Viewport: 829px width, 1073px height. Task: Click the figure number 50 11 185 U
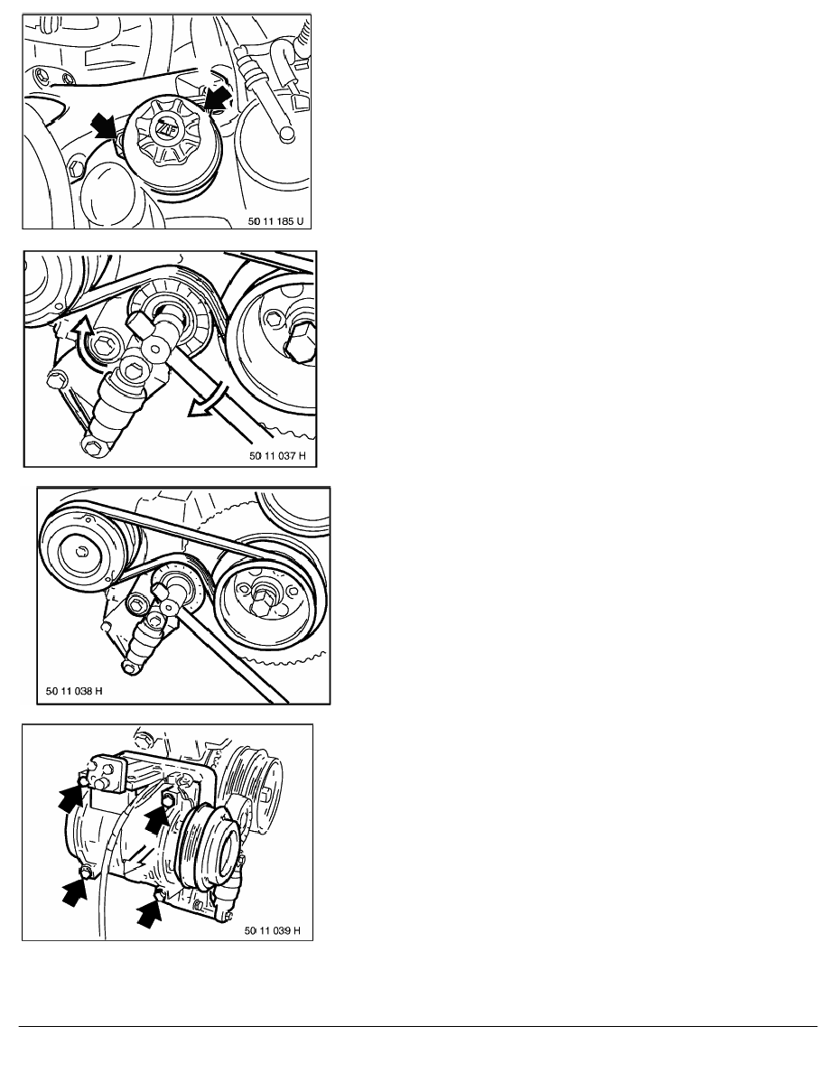tap(275, 221)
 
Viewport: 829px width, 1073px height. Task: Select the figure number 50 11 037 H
tap(278, 456)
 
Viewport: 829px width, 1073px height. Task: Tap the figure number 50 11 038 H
tap(74, 691)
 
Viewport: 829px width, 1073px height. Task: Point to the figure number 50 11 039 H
tap(272, 930)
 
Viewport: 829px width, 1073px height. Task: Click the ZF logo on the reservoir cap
tap(164, 128)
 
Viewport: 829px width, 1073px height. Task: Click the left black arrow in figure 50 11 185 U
tap(105, 126)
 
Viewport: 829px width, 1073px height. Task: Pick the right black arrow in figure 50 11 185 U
tap(217, 99)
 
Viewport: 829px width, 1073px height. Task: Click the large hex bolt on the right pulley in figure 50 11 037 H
tap(302, 343)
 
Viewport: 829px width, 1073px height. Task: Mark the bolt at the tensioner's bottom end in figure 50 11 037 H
tap(91, 444)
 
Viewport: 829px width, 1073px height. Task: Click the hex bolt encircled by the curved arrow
tap(104, 346)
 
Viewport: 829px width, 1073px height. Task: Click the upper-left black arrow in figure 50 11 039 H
tap(72, 797)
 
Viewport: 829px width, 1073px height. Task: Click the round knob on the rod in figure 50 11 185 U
tap(286, 135)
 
